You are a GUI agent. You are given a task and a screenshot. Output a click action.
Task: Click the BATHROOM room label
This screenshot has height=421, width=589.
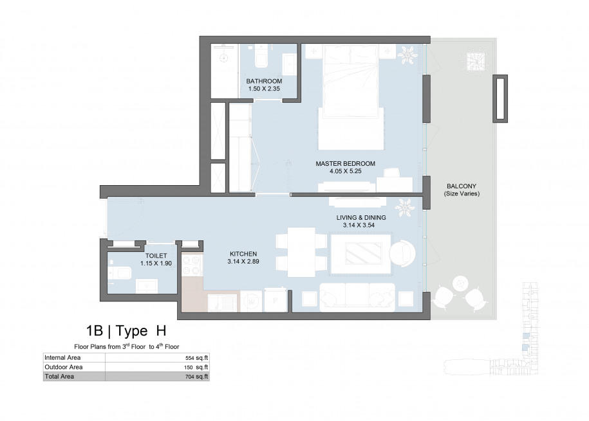click(264, 81)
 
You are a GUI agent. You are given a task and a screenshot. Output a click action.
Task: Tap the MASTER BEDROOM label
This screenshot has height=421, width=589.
click(345, 164)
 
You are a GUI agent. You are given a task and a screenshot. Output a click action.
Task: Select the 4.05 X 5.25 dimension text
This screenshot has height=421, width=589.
click(345, 171)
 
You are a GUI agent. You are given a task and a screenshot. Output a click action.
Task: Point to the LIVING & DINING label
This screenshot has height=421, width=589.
click(361, 218)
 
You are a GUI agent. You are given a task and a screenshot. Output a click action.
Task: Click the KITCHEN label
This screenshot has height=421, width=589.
click(243, 254)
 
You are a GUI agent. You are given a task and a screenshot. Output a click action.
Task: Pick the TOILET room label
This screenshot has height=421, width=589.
click(156, 256)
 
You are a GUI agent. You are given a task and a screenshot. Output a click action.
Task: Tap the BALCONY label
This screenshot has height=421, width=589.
click(462, 186)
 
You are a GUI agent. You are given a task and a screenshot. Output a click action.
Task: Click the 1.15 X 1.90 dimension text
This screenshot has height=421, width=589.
click(156, 264)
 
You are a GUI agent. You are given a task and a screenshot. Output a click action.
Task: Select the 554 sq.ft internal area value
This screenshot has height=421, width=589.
click(196, 358)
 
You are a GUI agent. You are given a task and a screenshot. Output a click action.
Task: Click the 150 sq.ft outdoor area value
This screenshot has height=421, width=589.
click(196, 368)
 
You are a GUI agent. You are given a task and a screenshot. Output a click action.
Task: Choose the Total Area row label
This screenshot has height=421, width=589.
click(59, 377)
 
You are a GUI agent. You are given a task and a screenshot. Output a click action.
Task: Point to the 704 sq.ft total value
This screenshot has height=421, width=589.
click(196, 377)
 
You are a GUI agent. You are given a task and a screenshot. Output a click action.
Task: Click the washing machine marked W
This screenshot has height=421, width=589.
click(251, 301)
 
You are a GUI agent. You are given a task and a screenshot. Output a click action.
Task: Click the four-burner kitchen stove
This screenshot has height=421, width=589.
click(192, 265)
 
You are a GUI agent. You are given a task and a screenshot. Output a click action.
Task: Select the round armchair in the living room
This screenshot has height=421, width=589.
click(402, 253)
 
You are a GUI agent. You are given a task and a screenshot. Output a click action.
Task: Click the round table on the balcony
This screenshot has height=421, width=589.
click(460, 283)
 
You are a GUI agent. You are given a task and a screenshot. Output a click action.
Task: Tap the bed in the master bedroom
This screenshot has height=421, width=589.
click(351, 97)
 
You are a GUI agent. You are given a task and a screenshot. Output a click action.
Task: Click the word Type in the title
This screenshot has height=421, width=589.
click(131, 331)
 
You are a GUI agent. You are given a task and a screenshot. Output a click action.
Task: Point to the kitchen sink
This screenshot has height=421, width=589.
click(222, 303)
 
